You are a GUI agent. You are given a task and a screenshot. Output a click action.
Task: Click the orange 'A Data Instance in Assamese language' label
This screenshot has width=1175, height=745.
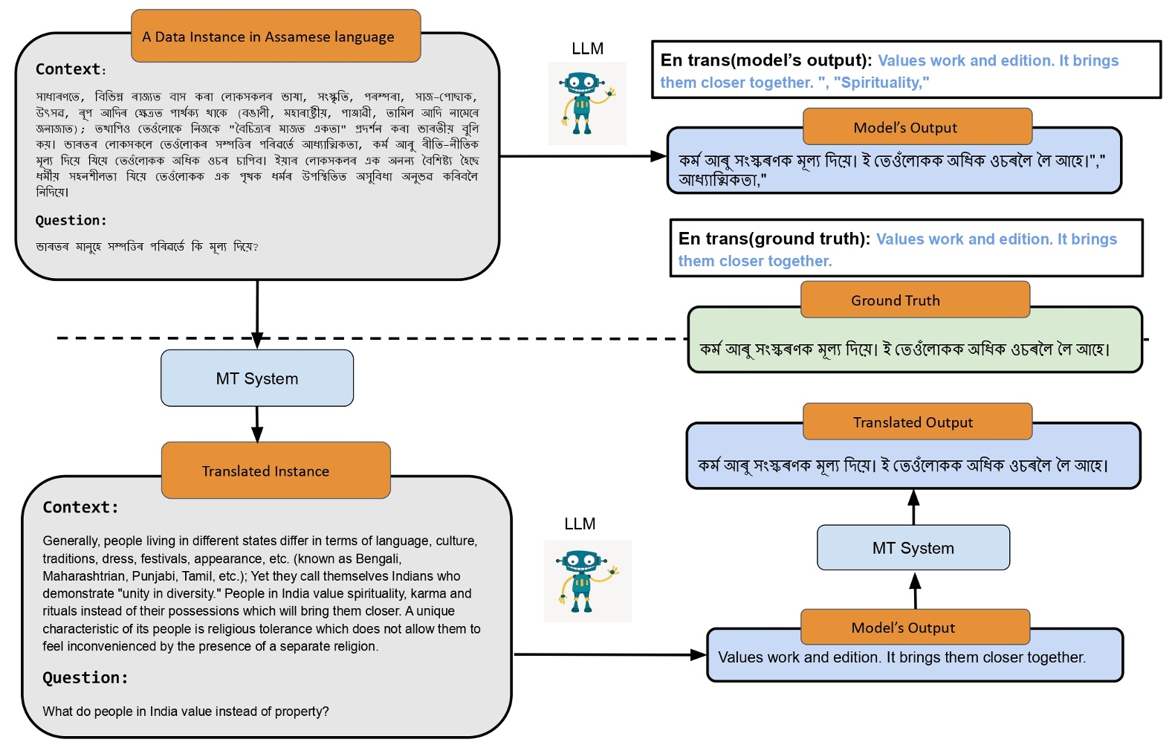[276, 36]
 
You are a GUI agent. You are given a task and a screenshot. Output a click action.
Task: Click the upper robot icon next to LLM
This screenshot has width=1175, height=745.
[587, 103]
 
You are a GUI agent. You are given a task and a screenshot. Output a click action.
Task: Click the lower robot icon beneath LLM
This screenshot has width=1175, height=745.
[587, 581]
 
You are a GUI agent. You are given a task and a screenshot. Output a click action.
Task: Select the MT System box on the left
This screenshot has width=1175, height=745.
[257, 378]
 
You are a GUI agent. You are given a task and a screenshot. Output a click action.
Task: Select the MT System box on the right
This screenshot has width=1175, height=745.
[913, 548]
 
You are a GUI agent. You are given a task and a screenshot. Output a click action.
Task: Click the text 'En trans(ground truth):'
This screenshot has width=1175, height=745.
[774, 239]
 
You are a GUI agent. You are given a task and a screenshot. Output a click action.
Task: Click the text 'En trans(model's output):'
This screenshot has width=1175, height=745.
[765, 60]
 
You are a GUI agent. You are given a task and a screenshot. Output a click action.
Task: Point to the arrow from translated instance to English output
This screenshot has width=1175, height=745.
[609, 655]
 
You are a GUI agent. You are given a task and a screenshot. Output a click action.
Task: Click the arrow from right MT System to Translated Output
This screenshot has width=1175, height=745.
[914, 508]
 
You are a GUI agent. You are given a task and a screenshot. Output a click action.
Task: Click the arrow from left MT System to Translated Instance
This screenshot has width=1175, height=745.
[257, 425]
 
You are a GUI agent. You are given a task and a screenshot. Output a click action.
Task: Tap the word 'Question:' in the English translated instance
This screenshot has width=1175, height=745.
[85, 677]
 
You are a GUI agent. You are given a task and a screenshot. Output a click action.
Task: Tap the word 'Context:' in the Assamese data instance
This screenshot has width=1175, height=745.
[70, 69]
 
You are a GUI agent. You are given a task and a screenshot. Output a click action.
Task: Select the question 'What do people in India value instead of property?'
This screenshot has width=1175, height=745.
[186, 712]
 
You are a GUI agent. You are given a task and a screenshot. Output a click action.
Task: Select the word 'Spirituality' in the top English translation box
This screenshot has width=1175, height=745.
[881, 83]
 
